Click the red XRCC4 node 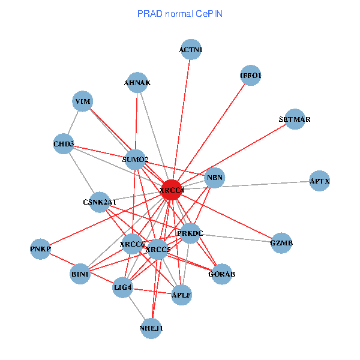(172, 190)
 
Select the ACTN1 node (191, 50)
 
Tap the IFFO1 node (250, 76)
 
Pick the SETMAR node (295, 119)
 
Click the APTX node (320, 181)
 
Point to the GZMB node (281, 243)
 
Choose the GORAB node (221, 274)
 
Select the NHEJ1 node (151, 328)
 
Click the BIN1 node (80, 274)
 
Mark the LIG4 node (123, 288)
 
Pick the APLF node (181, 295)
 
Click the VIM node (82, 102)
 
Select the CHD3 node (64, 144)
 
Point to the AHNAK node (137, 83)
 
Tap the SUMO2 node (135, 160)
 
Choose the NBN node (214, 178)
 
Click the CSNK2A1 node (100, 202)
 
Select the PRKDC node (190, 233)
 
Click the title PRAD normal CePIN (180, 13)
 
